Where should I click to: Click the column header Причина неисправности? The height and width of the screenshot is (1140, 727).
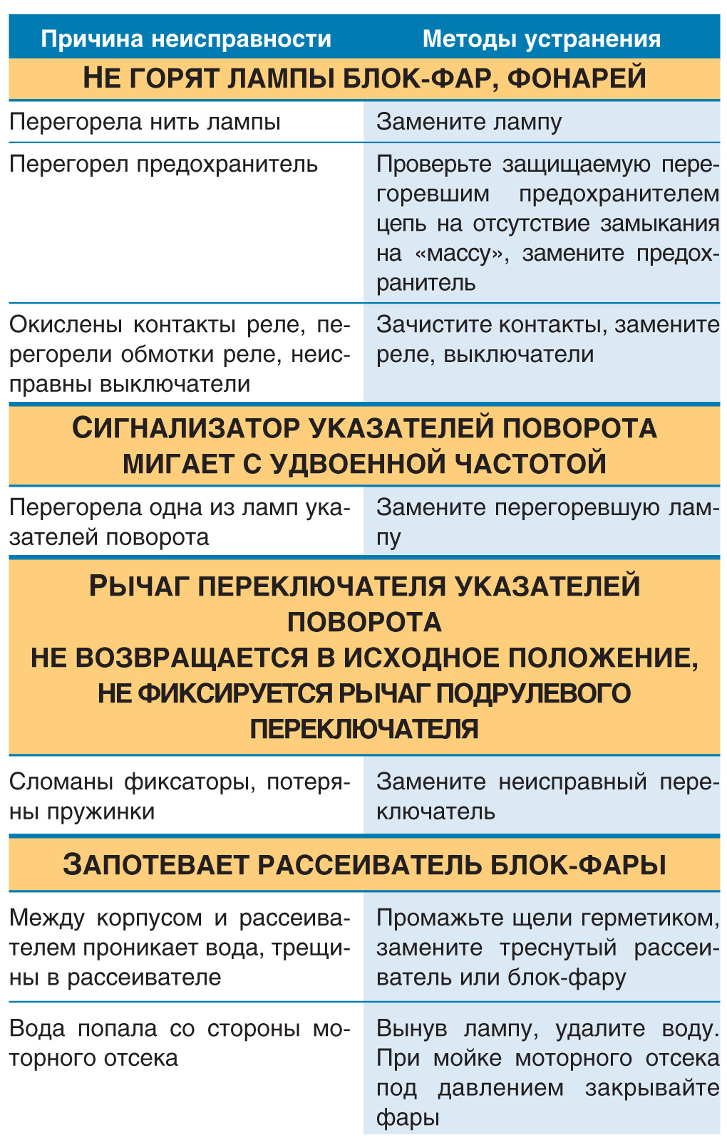click(186, 38)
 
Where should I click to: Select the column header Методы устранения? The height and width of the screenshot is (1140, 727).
click(542, 38)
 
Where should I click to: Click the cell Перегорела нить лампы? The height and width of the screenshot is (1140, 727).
click(145, 122)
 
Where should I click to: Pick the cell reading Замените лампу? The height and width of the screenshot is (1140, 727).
click(469, 122)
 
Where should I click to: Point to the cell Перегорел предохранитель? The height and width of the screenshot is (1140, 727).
click(163, 164)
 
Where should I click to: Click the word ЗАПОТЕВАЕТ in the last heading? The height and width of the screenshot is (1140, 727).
click(155, 865)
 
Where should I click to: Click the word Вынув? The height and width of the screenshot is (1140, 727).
click(412, 1028)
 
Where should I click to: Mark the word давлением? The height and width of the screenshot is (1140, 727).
click(500, 1088)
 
